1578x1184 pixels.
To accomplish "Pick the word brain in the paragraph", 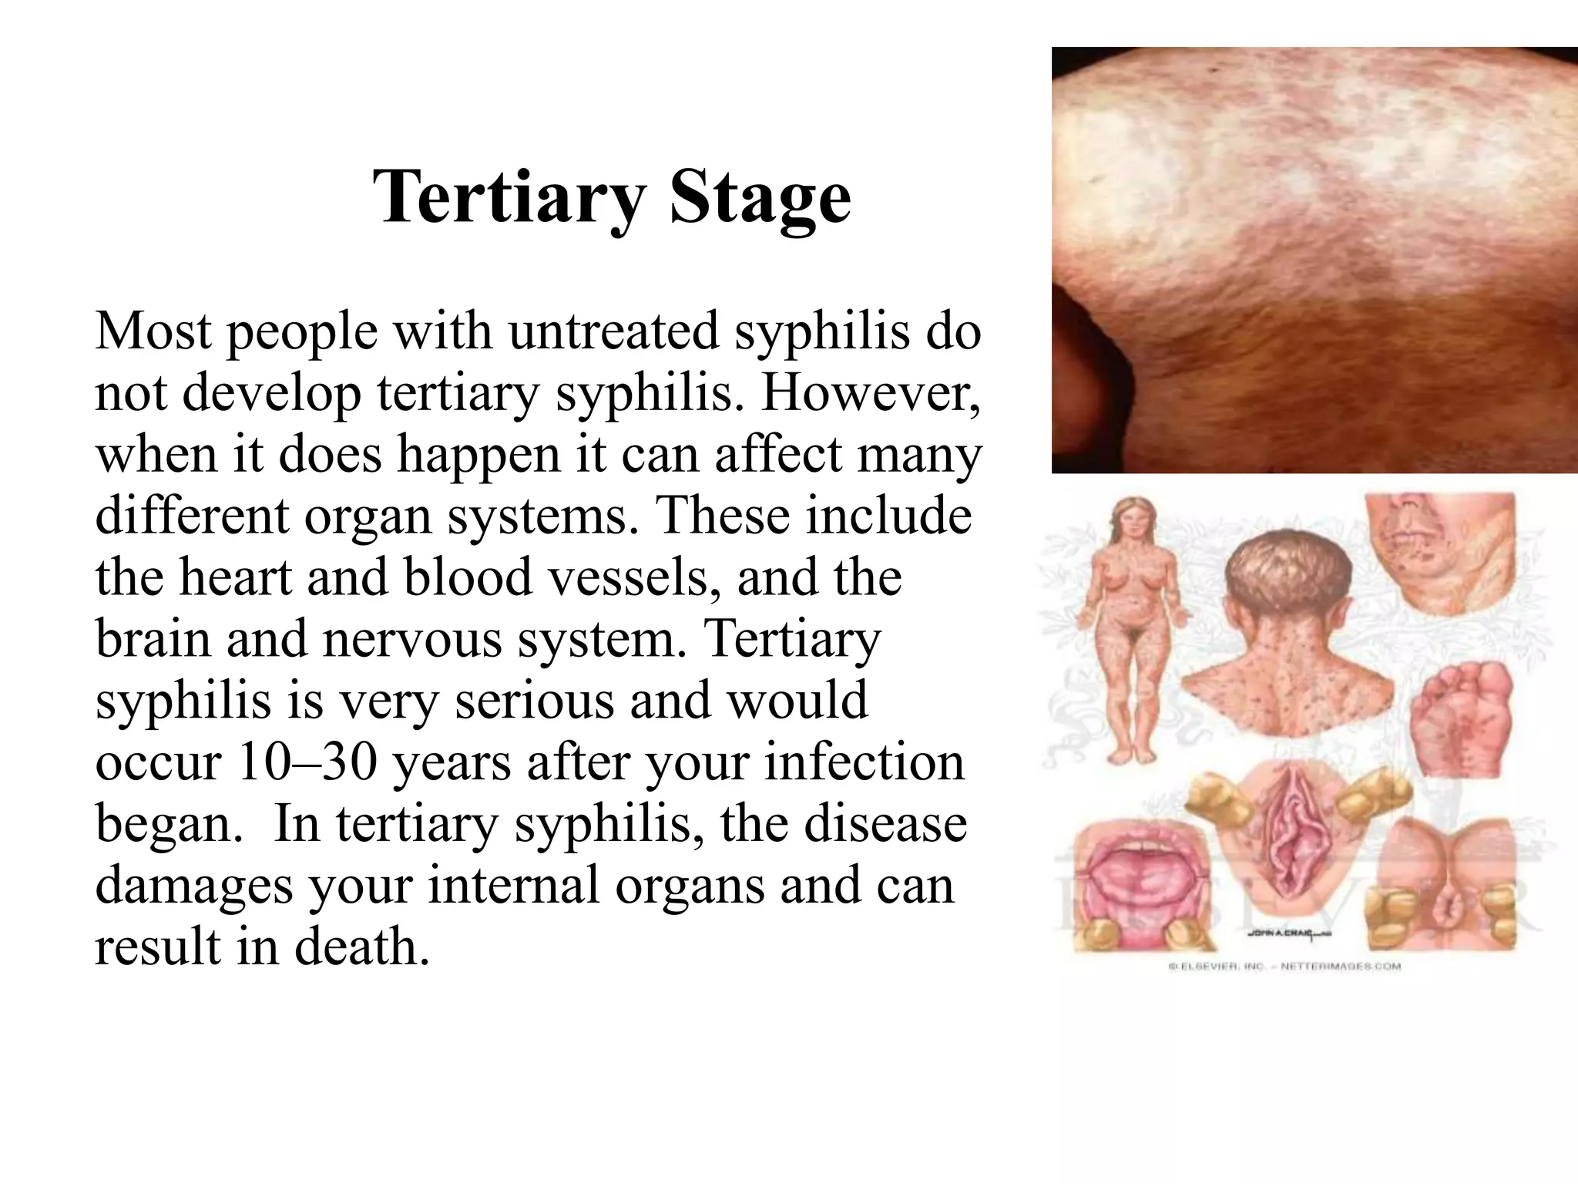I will (153, 639).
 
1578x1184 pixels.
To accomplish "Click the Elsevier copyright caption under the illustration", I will (1284, 966).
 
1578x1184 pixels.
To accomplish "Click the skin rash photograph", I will (1314, 260).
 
